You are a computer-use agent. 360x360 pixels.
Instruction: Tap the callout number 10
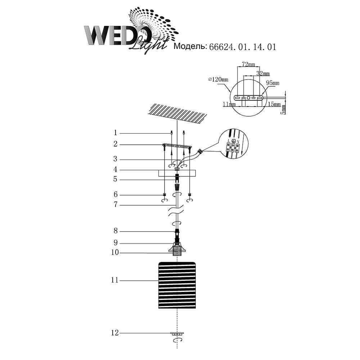pyautogui.click(x=115, y=253)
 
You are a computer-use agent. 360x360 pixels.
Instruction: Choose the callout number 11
pyautogui.click(x=115, y=280)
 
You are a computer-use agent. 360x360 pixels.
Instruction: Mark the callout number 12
pyautogui.click(x=115, y=333)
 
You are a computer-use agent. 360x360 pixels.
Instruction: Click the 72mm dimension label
pyautogui.click(x=248, y=64)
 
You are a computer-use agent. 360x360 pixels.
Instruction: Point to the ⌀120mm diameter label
pyautogui.click(x=219, y=80)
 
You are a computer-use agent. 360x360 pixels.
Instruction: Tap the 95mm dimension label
pyautogui.click(x=273, y=83)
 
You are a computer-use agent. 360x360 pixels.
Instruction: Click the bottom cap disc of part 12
pyautogui.click(x=176, y=333)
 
